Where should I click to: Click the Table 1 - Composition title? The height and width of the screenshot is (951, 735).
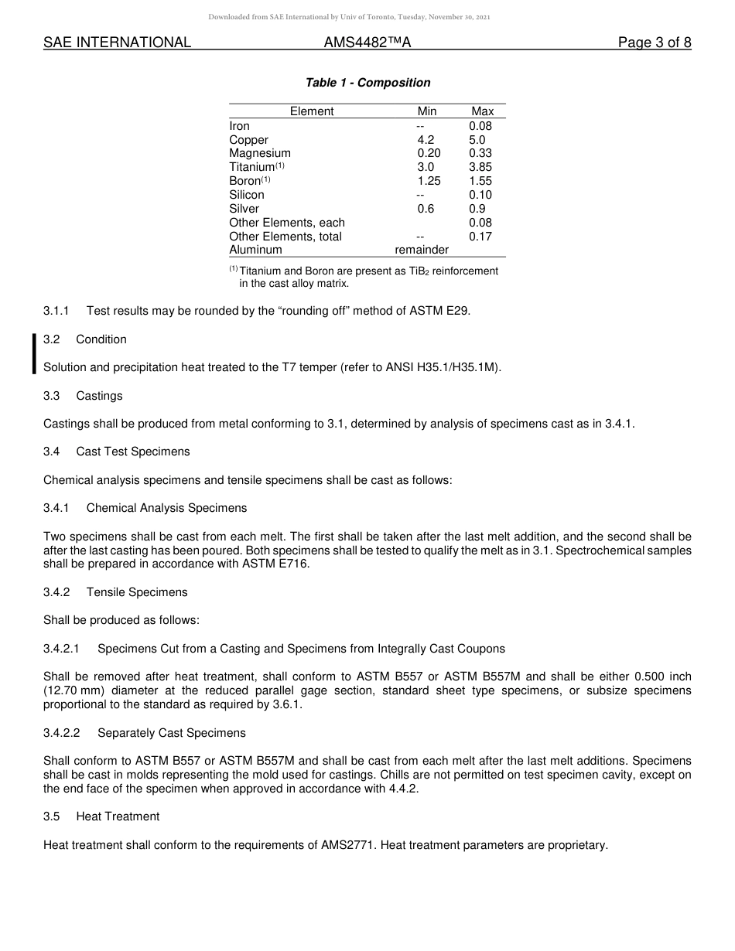click(x=367, y=83)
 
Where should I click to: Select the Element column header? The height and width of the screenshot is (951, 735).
click(x=312, y=111)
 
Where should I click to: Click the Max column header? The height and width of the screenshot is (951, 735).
click(x=482, y=111)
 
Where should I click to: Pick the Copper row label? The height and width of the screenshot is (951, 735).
click(x=248, y=140)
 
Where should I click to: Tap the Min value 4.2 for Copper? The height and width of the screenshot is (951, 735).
click(x=426, y=140)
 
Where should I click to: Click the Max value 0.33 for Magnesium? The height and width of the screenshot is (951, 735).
click(x=480, y=153)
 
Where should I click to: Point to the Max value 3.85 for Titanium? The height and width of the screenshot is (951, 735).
click(x=480, y=167)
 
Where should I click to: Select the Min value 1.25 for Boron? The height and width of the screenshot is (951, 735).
click(x=429, y=181)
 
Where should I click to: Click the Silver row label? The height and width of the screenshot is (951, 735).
click(x=244, y=209)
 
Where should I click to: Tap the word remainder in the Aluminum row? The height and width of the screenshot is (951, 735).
click(x=422, y=250)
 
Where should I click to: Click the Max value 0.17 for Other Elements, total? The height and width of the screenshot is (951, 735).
click(x=480, y=237)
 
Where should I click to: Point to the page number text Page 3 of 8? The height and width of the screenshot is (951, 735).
click(x=654, y=43)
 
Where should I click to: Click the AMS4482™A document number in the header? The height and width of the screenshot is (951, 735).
click(x=367, y=43)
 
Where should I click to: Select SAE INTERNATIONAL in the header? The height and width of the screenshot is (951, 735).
click(x=117, y=43)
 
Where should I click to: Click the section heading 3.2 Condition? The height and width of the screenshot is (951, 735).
click(x=85, y=339)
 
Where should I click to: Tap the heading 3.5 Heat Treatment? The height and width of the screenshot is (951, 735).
click(x=101, y=816)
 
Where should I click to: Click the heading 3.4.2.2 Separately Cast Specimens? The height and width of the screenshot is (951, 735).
click(x=144, y=733)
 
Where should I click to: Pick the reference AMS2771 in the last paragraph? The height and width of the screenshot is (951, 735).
click(x=345, y=845)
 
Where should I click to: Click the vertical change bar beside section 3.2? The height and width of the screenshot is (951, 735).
click(x=34, y=353)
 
